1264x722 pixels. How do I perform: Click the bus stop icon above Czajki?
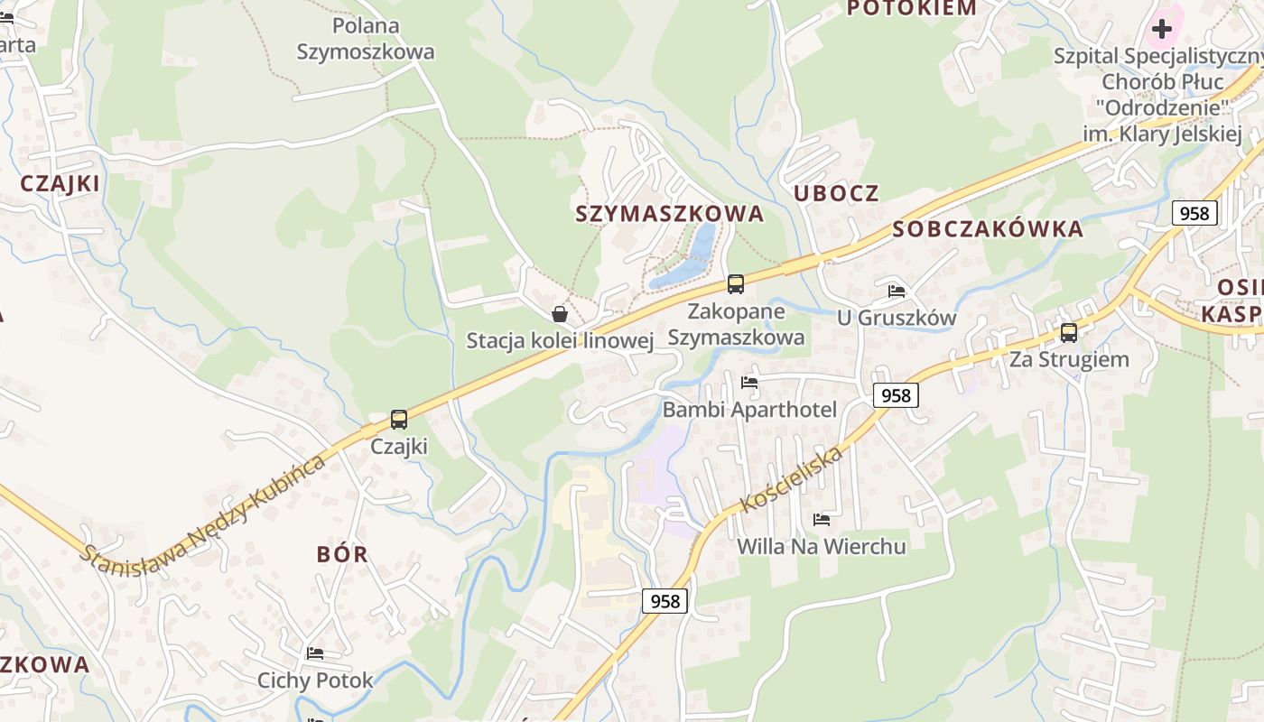pos(398,419)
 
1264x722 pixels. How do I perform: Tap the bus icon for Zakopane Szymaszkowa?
pos(736,284)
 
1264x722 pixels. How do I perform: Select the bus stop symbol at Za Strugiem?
pos(1069,332)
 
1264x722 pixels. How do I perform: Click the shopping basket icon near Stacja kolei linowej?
pos(560,314)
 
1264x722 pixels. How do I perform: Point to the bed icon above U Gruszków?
pos(897,291)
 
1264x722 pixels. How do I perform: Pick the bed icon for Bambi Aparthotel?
pos(749,382)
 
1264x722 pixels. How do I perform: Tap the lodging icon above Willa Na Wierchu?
pos(822,519)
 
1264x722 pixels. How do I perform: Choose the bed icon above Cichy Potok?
pos(315,653)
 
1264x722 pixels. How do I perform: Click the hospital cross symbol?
pos(1162,29)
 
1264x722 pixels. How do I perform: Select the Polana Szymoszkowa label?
pos(366,39)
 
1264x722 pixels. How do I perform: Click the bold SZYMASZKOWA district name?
pos(670,214)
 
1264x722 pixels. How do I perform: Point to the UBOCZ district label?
pos(836,193)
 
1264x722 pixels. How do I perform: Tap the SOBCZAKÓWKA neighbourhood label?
pos(988,229)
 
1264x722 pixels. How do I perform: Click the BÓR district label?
pos(342,554)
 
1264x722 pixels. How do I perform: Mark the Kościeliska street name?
pos(792,479)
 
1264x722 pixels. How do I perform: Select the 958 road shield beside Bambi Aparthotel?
pos(896,394)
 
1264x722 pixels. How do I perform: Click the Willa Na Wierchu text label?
pos(822,546)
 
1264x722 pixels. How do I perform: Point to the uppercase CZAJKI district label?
pos(60,183)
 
